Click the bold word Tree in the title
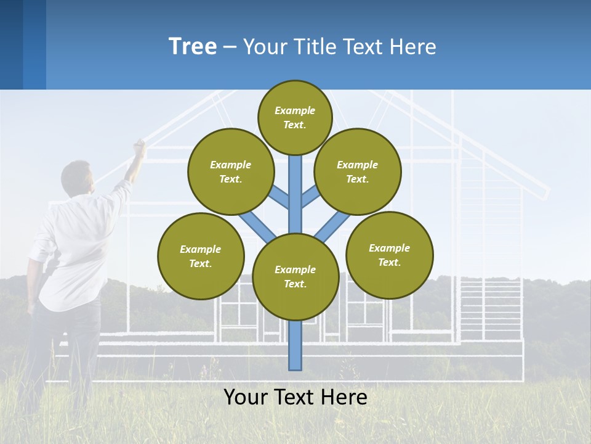pos(193,47)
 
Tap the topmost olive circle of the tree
pos(295,117)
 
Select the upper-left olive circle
pos(231,171)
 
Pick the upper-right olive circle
pos(358,171)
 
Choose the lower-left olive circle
pos(201,256)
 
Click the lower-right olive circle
pos(389,255)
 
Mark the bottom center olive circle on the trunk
pos(295,277)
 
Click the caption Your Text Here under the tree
pos(295,397)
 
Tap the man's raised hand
pos(140,146)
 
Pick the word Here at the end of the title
pos(413,47)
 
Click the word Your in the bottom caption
pos(244,397)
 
